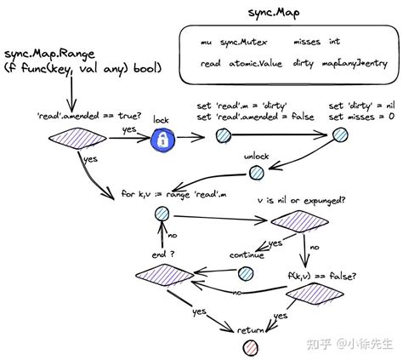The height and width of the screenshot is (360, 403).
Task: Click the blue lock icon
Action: coord(162,140)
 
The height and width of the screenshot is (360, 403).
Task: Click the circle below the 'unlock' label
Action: coord(256,173)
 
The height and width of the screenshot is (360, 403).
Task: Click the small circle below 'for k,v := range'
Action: coord(158,220)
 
